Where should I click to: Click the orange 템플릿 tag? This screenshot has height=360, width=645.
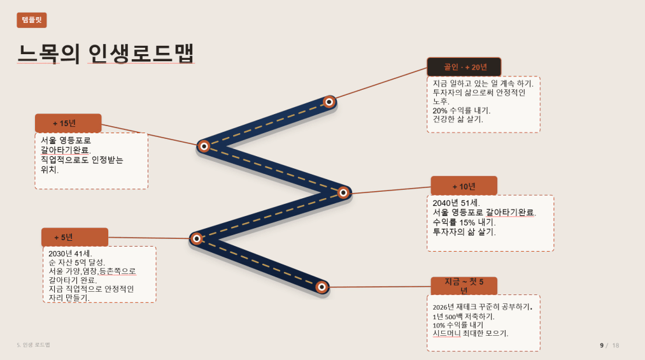32,20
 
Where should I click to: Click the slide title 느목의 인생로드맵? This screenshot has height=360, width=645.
106,54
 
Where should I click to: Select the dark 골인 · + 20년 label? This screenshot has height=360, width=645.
464,67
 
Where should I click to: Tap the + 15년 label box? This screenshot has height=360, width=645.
68,123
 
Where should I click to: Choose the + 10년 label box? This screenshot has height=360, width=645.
464,186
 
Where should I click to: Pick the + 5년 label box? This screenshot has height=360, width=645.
75,238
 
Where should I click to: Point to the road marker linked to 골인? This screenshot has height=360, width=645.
329,101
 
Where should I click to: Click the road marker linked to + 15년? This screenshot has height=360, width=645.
204,146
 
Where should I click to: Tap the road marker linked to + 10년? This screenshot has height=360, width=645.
343,192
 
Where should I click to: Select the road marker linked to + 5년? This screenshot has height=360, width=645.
197,239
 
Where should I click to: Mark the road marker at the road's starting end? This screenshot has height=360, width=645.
322,287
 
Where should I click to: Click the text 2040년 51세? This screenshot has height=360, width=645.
456,203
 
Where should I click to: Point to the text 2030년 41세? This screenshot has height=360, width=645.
70,254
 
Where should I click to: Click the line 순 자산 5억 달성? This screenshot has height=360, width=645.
77,263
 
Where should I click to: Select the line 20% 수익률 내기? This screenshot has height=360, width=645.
462,110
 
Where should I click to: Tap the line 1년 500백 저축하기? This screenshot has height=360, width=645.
464,317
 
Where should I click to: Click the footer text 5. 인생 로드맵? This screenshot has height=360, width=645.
33,345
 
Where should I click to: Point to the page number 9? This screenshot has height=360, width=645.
602,345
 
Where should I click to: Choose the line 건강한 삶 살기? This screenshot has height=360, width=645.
458,119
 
